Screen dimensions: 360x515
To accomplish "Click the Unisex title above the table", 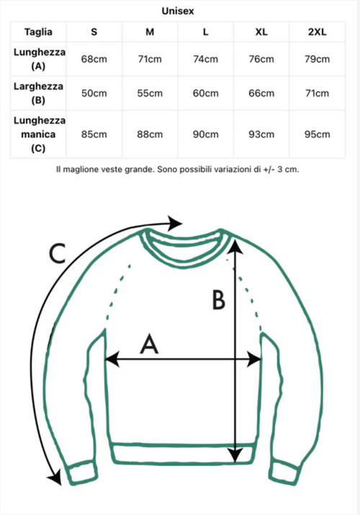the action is coord(178,11).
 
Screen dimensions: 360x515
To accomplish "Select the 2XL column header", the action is coord(317,32).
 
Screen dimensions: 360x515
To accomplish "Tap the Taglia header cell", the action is coord(38,32).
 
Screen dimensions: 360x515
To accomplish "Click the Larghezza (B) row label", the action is coord(38,93).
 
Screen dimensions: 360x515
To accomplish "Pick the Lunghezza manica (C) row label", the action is coord(39,134).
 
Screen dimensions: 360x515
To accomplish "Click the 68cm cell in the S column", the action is coord(94,59).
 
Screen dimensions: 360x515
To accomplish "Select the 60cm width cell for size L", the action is coord(205,93).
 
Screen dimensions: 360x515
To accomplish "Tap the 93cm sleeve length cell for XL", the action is coord(261,135).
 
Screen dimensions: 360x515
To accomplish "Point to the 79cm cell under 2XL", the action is coord(317,59).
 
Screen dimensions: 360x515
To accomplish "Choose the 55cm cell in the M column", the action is coord(150,93).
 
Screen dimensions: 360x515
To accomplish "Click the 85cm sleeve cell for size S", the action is coord(94,135).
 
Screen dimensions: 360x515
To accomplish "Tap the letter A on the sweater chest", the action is coord(149,344).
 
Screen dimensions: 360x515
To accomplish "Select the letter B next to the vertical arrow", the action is coord(219,300).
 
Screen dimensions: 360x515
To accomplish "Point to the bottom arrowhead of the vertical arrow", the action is coord(235,454).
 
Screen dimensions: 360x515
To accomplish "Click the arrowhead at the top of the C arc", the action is coord(174,223).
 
